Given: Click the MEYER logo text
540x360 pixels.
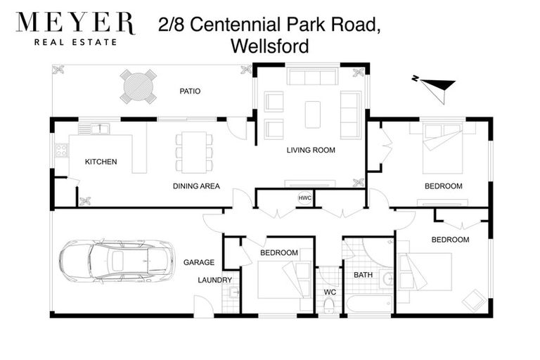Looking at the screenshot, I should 75,23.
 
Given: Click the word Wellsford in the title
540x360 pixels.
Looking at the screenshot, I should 269,46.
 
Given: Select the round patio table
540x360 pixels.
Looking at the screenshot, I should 138,86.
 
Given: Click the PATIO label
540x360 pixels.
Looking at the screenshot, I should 190,91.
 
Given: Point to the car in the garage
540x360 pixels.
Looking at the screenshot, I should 116,261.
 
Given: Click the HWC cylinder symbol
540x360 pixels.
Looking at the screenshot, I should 304,198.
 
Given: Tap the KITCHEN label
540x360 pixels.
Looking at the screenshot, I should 101,162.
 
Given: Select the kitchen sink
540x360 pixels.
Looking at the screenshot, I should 94,129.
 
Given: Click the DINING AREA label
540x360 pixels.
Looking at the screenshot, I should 196,186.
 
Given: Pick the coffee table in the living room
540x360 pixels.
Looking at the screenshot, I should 312,114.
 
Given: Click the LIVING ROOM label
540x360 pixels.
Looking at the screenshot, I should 310,150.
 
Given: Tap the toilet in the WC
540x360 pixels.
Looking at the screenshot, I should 328,304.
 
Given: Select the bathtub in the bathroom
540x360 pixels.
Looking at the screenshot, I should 368,304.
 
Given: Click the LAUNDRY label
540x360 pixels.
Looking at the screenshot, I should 214,280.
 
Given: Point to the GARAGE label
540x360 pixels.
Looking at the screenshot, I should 198,262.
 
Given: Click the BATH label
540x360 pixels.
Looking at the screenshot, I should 363,275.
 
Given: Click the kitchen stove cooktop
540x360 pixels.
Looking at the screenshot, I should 61,150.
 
